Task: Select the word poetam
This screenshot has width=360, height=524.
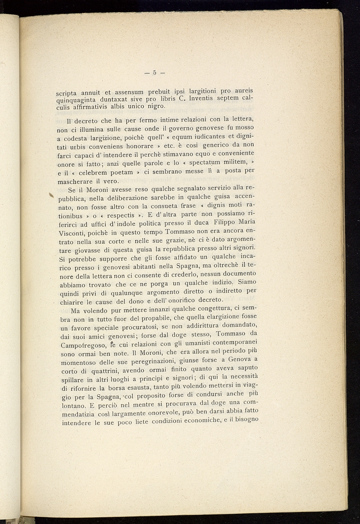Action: (121, 172)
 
